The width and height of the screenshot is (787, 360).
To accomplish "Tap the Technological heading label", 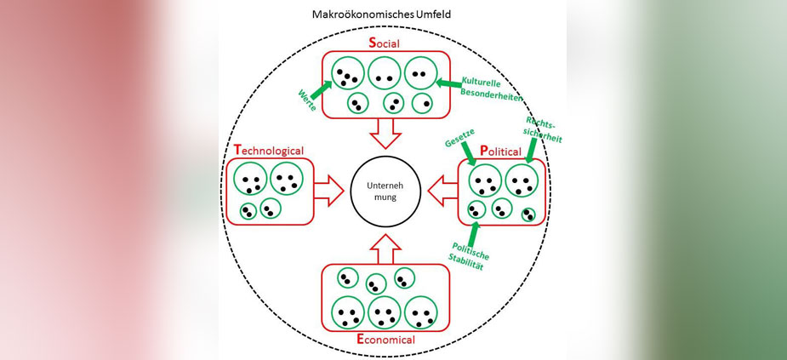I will pos(268,151).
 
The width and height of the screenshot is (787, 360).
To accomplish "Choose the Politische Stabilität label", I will pos(467,253).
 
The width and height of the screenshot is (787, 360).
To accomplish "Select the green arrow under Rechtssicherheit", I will pos(531,151).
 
